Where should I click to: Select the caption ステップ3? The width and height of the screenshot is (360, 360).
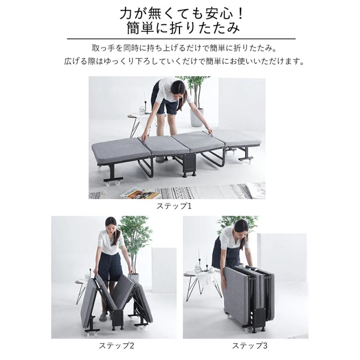[x=246, y=345]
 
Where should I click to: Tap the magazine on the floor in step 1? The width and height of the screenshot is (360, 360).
[x=140, y=194]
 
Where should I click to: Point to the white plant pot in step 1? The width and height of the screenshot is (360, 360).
[x=196, y=118]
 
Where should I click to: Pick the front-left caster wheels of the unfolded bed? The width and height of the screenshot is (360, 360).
[x=112, y=183]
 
